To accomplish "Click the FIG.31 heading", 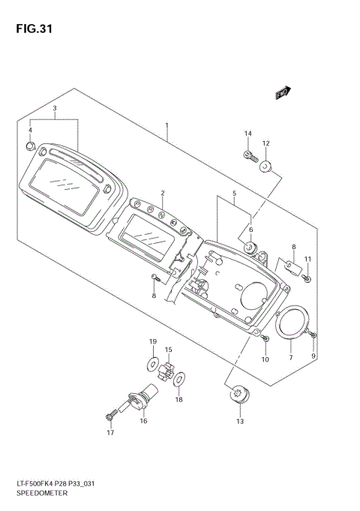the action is (x=34, y=29).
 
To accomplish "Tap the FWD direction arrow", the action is (x=283, y=92).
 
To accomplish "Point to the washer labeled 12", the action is (x=265, y=167).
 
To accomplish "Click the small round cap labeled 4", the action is (x=30, y=146).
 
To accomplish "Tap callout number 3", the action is (x=55, y=108).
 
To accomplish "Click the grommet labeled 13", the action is (x=240, y=394).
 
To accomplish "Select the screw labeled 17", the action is (x=110, y=416).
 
